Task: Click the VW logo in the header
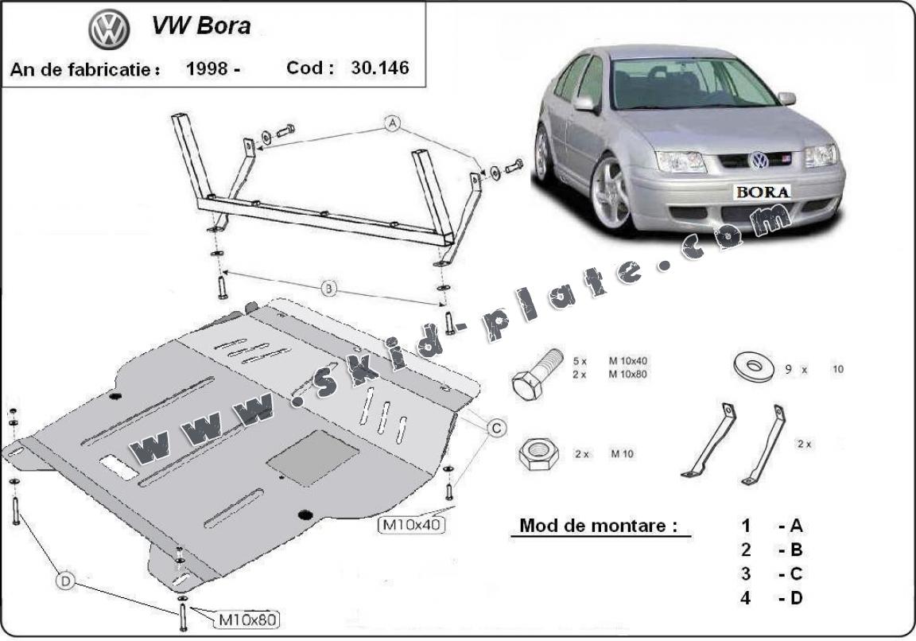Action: pos(109,30)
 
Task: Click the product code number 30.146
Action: pos(379,68)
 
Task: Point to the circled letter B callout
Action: pos(329,289)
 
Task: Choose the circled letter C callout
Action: pos(495,429)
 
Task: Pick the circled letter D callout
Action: pos(66,583)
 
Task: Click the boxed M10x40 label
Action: pos(411,525)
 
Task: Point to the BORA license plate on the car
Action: pos(763,192)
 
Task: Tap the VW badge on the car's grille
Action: pos(759,160)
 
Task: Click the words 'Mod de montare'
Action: pos(599,526)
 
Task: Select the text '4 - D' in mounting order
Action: pos(771,598)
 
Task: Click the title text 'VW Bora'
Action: pos(200,25)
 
